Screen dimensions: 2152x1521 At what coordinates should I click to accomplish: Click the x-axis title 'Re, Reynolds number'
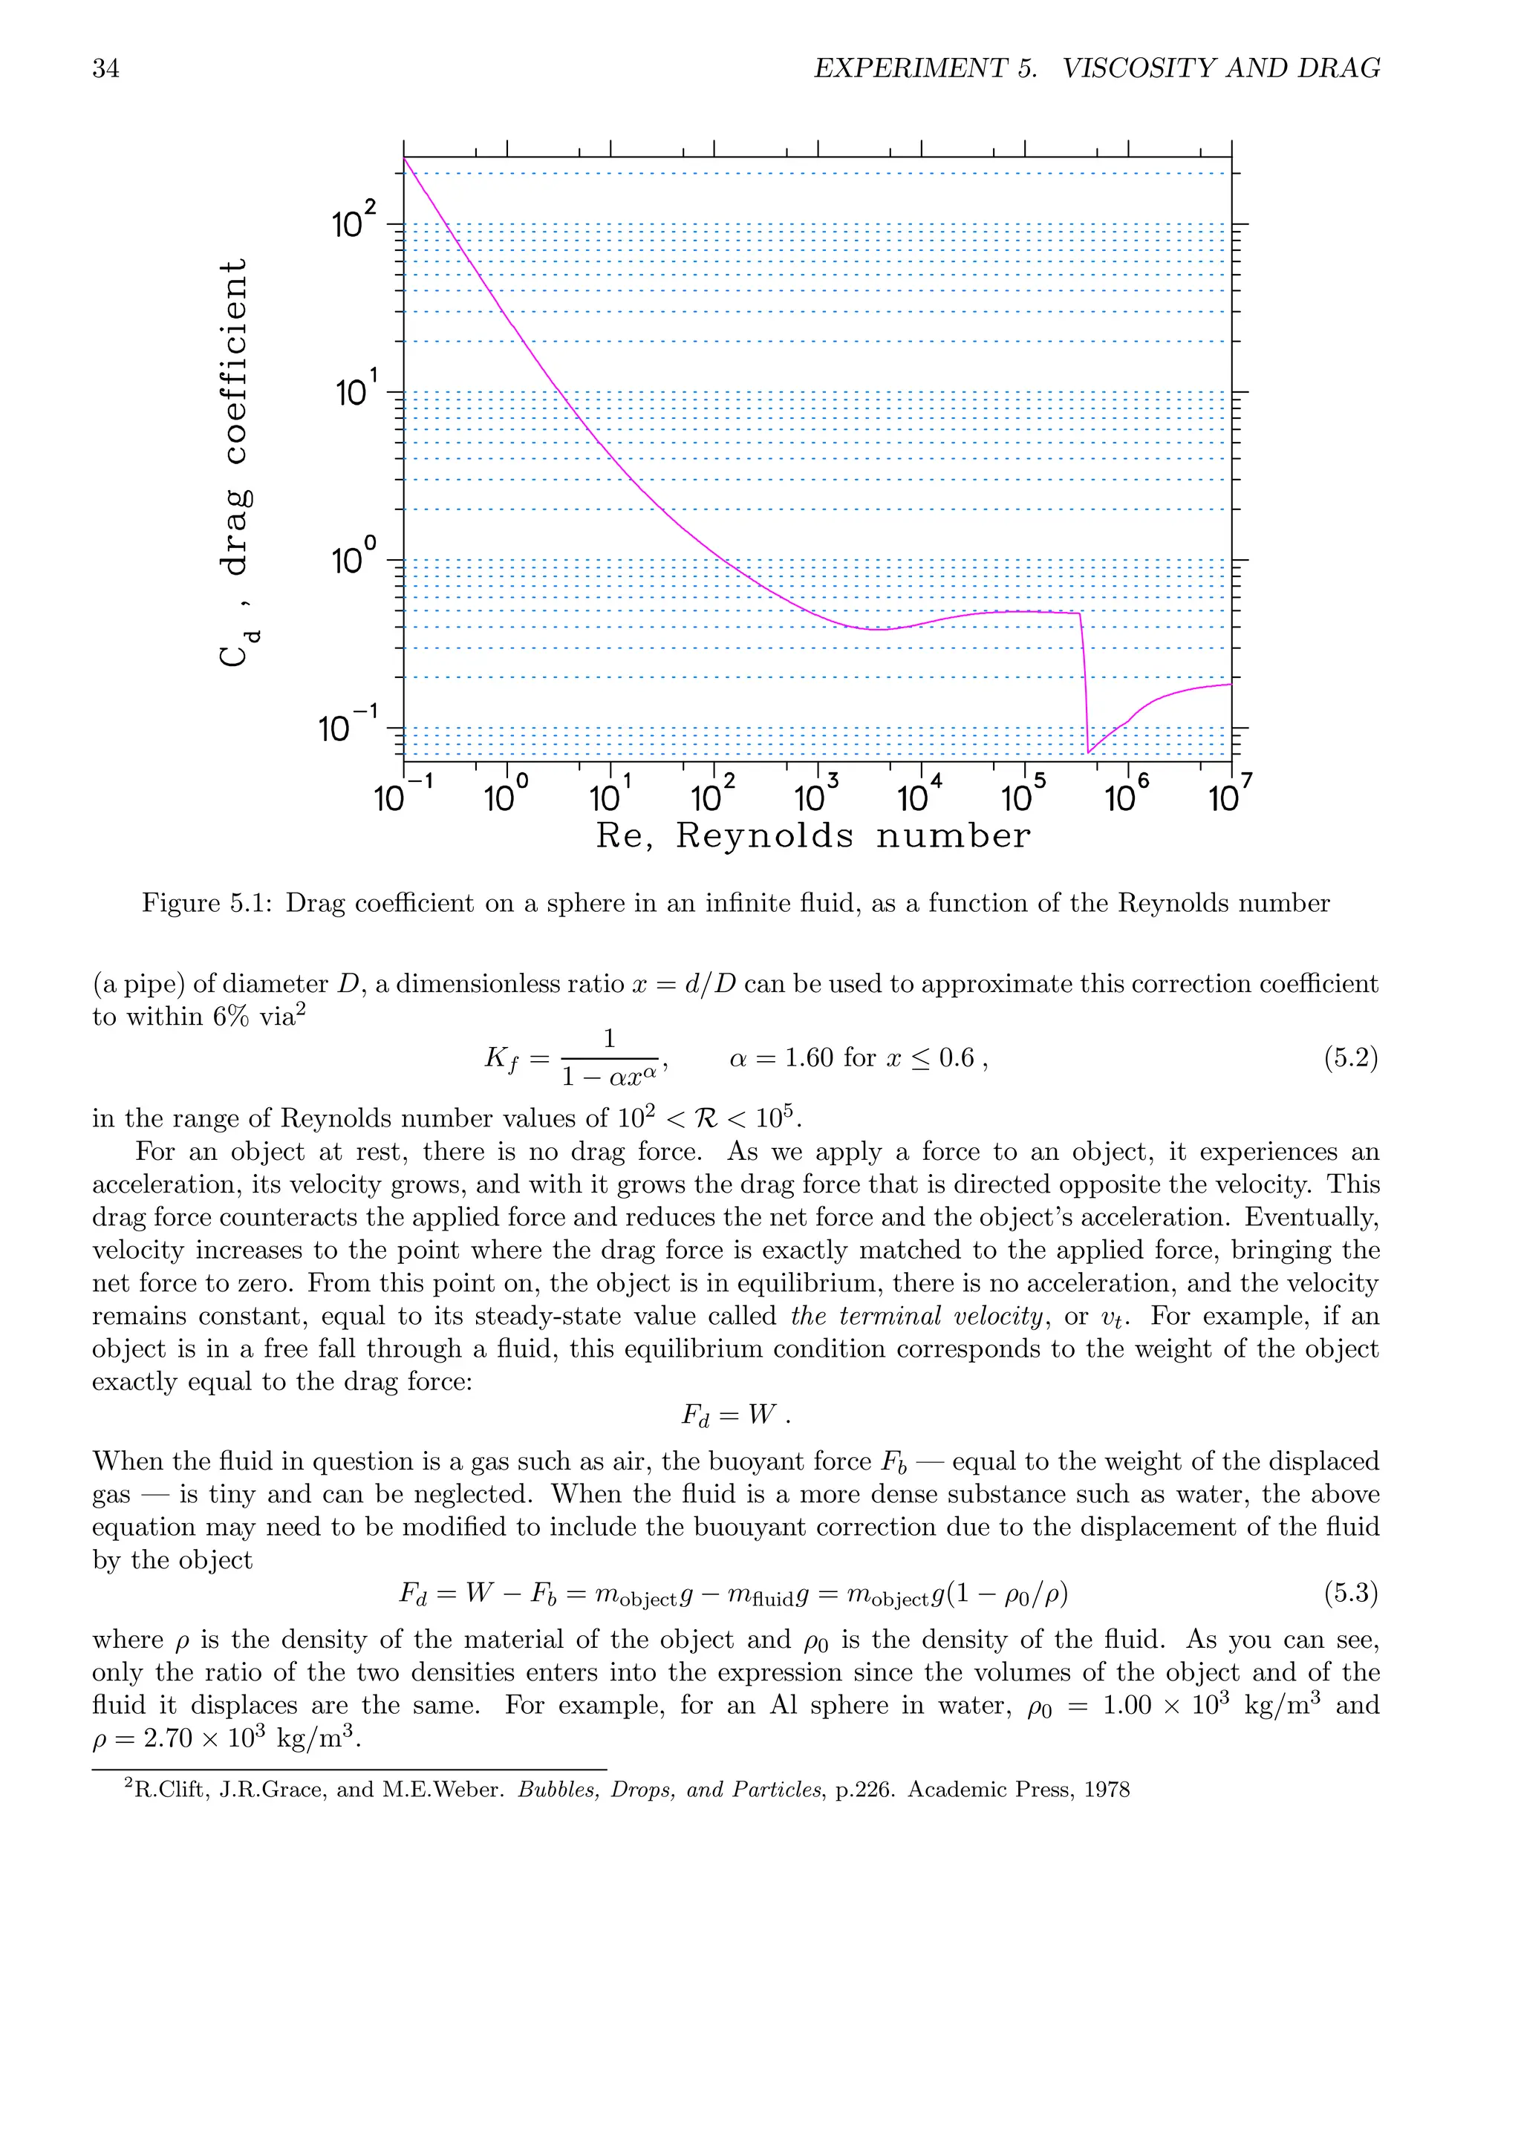(812, 835)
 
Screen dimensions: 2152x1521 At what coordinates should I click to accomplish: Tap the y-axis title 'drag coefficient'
(234, 417)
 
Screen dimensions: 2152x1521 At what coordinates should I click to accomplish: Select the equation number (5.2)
(1349, 1058)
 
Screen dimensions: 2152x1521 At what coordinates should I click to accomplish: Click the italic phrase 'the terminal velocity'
(916, 1316)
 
